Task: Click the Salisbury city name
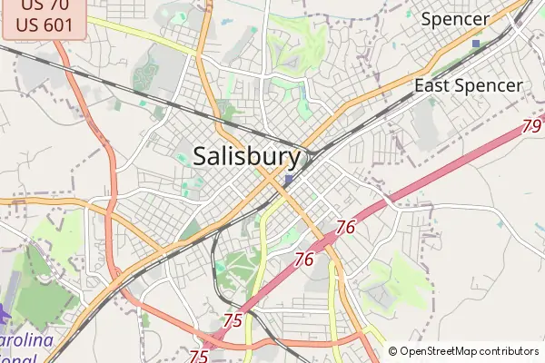(x=246, y=156)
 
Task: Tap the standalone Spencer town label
(x=455, y=19)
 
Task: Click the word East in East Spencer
(x=432, y=86)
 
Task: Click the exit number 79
(x=533, y=127)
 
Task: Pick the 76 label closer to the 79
(x=346, y=227)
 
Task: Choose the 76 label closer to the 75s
(x=303, y=260)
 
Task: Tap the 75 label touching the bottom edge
(x=200, y=356)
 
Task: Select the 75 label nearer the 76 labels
(x=233, y=320)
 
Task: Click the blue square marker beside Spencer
(x=476, y=43)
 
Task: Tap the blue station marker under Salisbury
(x=289, y=181)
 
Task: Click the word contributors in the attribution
(x=509, y=351)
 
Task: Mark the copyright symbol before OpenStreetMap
(x=393, y=351)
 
